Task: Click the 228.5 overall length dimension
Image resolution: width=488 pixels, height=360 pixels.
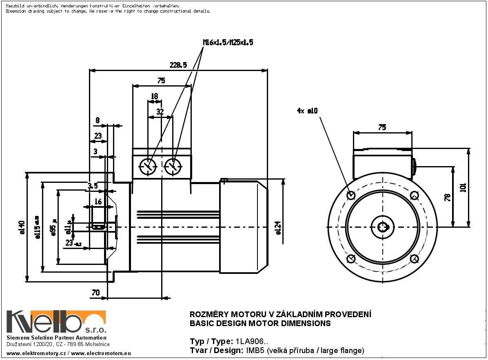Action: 178,65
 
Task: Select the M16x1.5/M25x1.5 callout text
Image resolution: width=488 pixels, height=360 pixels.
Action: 228,42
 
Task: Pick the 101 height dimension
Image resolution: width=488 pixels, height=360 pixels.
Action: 463,188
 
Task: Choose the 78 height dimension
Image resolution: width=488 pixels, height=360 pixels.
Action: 448,197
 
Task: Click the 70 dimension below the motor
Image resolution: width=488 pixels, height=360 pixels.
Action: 95,292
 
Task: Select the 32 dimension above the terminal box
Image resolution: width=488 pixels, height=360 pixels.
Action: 160,111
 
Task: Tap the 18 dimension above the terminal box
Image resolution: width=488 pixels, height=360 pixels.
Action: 154,96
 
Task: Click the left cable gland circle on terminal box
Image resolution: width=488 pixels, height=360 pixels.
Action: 148,166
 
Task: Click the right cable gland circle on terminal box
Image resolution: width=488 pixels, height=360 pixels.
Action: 173,166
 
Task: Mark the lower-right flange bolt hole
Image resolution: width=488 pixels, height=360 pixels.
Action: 414,259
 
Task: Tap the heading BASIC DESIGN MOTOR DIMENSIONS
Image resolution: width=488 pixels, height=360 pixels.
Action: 260,324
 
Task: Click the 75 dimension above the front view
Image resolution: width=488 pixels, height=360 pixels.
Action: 382,127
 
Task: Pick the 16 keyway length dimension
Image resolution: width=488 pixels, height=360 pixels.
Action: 98,201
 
